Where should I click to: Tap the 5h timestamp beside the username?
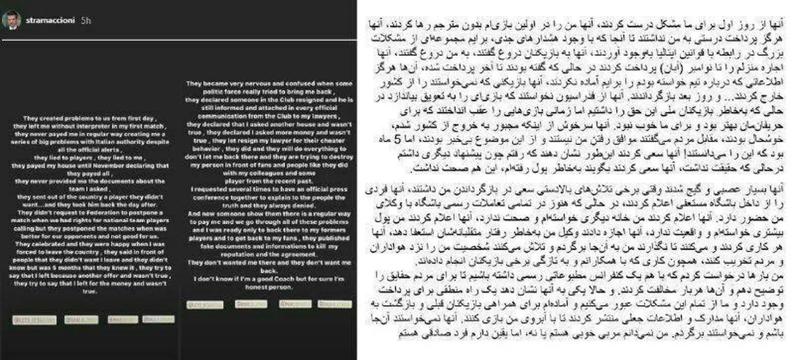[85, 21]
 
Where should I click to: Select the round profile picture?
[16, 21]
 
